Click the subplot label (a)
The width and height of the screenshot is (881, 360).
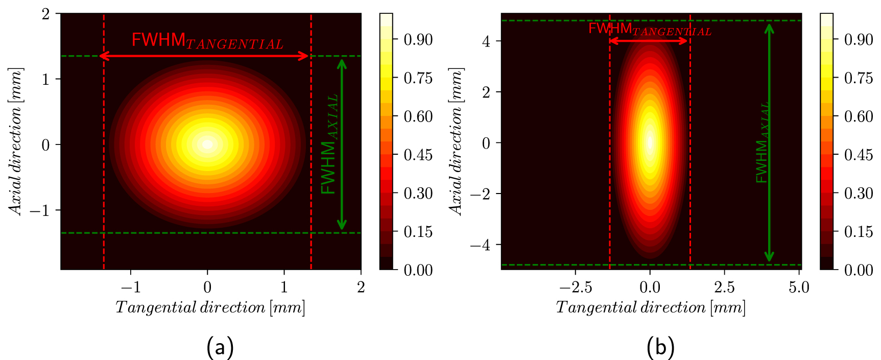[220, 347]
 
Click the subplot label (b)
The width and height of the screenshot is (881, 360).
[660, 347]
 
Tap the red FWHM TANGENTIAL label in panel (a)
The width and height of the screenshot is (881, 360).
[207, 41]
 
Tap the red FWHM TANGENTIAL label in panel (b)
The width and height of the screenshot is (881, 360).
[650, 29]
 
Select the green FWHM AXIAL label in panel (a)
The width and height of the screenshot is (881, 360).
[329, 145]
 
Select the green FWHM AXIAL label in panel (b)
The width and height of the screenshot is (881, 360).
[763, 143]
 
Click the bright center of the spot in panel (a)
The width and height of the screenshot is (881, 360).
[207, 145]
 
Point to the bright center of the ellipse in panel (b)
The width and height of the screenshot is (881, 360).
[650, 142]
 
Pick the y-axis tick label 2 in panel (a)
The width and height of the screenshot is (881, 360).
[46, 14]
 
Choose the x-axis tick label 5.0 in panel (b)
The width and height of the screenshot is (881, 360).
[798, 287]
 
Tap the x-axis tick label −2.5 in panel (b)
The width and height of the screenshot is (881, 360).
[576, 287]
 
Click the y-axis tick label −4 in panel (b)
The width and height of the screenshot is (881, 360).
[480, 245]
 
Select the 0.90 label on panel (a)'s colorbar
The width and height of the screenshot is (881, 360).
[418, 40]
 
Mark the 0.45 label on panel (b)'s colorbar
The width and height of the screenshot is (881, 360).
[858, 155]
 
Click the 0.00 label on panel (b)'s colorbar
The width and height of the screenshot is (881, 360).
[858, 270]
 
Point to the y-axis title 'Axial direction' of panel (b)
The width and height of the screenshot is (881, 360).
[456, 141]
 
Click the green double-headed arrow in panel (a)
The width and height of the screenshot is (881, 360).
[342, 145]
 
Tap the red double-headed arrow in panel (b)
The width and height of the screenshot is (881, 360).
[649, 41]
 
